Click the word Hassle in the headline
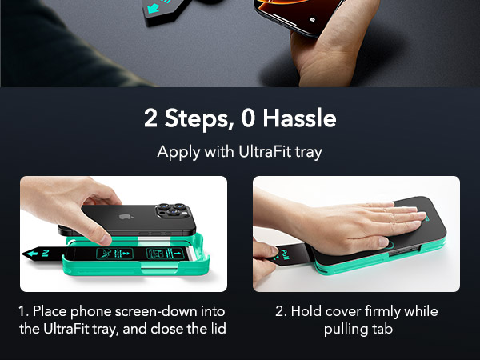click(x=300, y=118)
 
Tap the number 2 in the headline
click(x=151, y=118)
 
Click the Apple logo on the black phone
click(x=125, y=217)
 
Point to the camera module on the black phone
click(x=173, y=210)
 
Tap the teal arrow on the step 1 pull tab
click(x=32, y=254)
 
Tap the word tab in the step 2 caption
click(x=382, y=329)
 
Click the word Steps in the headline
click(x=197, y=118)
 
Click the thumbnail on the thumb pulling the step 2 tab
click(x=274, y=250)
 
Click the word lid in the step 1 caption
click(x=218, y=329)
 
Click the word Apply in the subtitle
click(x=178, y=152)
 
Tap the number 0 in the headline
click(x=248, y=118)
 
